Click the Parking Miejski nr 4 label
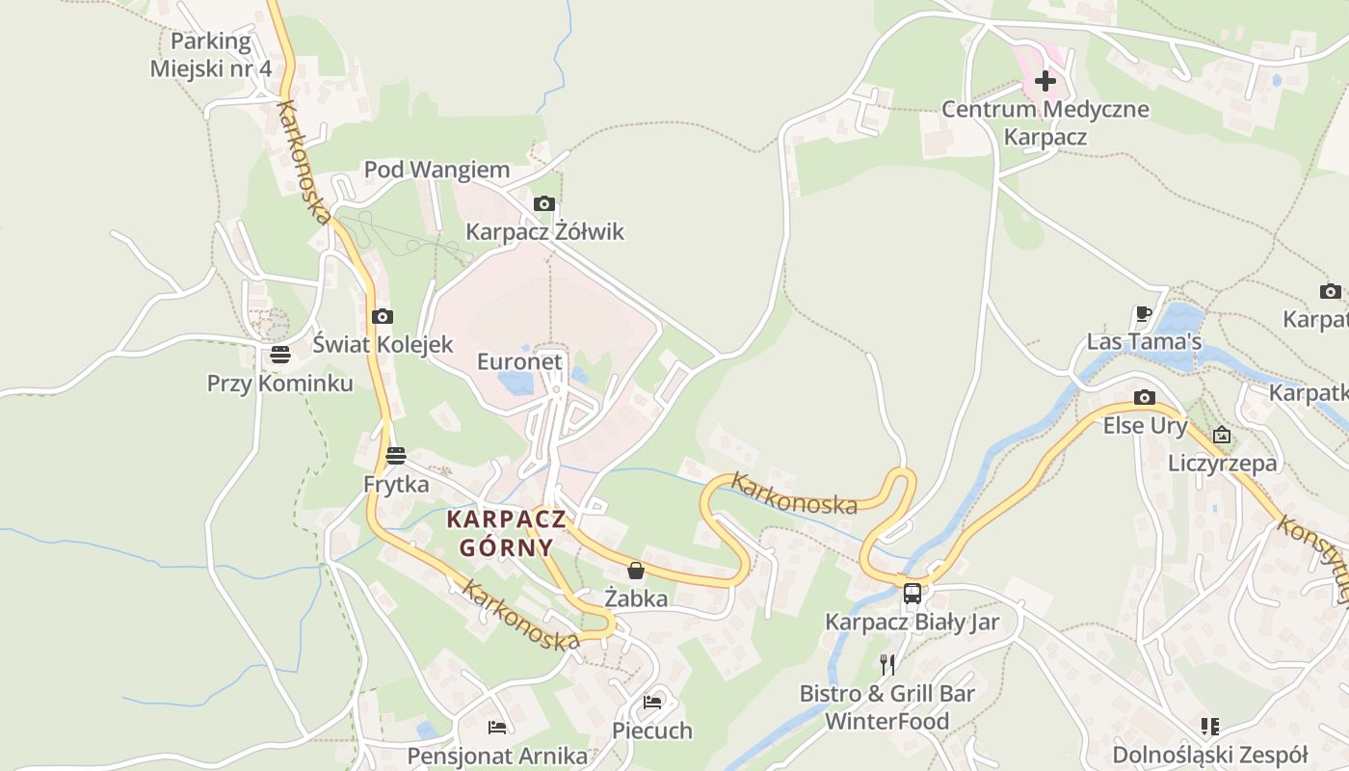click(211, 55)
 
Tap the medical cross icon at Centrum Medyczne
click(1045, 81)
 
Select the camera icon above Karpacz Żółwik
click(544, 203)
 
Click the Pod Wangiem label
click(436, 170)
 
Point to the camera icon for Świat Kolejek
click(383, 316)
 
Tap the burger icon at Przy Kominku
click(280, 355)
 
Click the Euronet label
click(519, 361)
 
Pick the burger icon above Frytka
click(396, 455)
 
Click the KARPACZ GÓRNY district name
click(506, 533)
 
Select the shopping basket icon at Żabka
click(635, 570)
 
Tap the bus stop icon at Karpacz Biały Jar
click(912, 593)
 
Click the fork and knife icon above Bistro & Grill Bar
click(887, 664)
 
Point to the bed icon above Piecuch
click(652, 702)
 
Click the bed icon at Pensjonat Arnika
click(497, 727)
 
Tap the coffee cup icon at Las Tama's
click(1144, 313)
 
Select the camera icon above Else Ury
click(1145, 397)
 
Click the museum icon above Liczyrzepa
click(1222, 435)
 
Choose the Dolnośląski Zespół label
click(1209, 754)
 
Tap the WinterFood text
click(886, 721)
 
